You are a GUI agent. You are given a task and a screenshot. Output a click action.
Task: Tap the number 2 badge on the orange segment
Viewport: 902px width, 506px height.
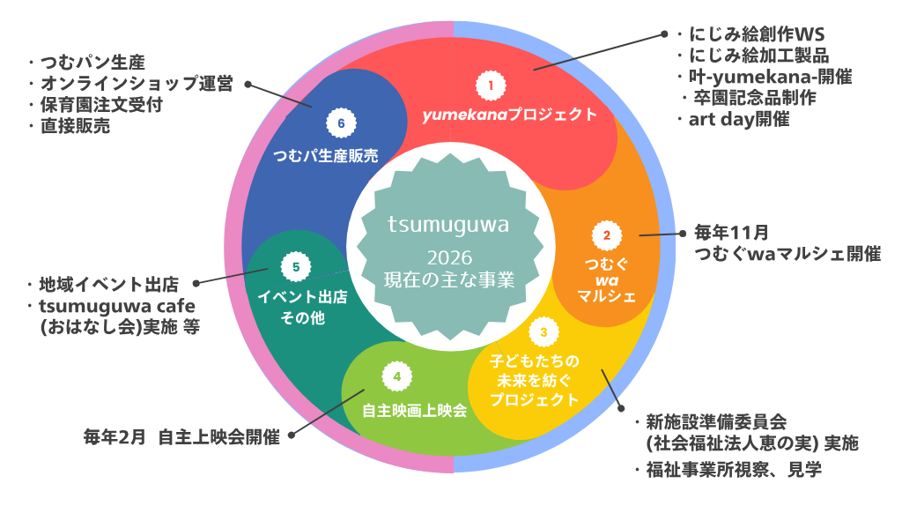click(605, 235)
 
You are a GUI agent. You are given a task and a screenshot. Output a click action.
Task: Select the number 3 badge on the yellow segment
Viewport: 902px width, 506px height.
click(543, 332)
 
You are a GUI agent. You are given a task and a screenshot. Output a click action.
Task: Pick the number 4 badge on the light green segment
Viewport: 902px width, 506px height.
click(397, 376)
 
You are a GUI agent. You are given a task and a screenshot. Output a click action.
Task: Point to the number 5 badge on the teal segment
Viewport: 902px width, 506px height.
click(296, 265)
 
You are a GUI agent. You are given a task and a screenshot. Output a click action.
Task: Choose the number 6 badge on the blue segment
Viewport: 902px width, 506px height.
click(341, 123)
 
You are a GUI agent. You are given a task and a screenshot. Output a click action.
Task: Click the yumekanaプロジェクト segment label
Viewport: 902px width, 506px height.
click(509, 115)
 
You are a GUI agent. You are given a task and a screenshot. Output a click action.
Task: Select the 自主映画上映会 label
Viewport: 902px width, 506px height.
click(415, 410)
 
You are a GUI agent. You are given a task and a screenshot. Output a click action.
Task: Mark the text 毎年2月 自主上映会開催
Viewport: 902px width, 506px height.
click(181, 436)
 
